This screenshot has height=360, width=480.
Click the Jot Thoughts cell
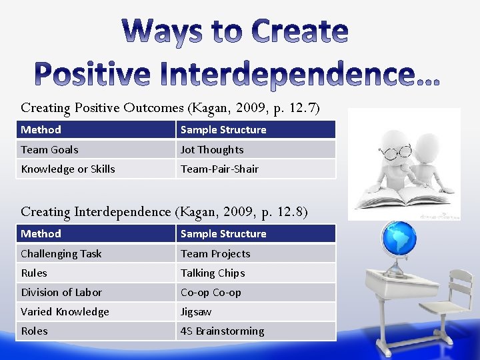tap(255, 149)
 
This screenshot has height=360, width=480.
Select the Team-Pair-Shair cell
tap(255, 169)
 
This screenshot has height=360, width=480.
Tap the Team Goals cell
tap(95, 149)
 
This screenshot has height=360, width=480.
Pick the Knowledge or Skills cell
tap(95, 169)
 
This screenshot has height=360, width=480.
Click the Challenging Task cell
tap(95, 253)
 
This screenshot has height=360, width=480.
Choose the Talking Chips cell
tap(255, 273)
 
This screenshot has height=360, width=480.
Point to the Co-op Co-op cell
tap(255, 292)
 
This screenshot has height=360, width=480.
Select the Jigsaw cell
tap(255, 311)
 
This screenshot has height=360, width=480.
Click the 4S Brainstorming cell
tap(255, 331)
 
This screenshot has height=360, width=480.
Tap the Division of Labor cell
tap(95, 292)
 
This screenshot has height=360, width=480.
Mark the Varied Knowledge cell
tap(95, 311)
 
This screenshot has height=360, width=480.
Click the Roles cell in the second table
tap(95, 331)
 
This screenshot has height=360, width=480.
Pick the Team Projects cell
tap(255, 253)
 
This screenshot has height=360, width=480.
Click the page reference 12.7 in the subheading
tap(305, 107)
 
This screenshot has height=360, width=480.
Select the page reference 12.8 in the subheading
tap(292, 212)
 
